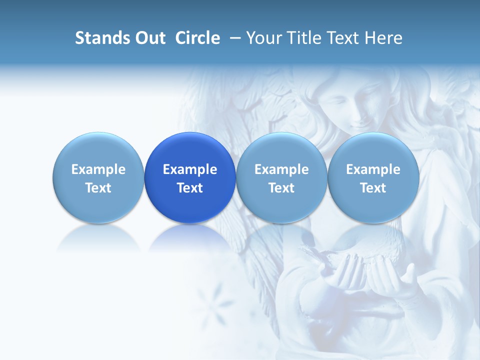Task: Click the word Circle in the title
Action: (197, 38)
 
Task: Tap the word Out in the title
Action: (149, 38)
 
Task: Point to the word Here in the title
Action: (383, 38)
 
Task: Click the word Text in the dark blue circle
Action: (190, 188)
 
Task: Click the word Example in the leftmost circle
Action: (98, 169)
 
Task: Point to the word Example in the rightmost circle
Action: (373, 169)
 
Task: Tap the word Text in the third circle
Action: (281, 188)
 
